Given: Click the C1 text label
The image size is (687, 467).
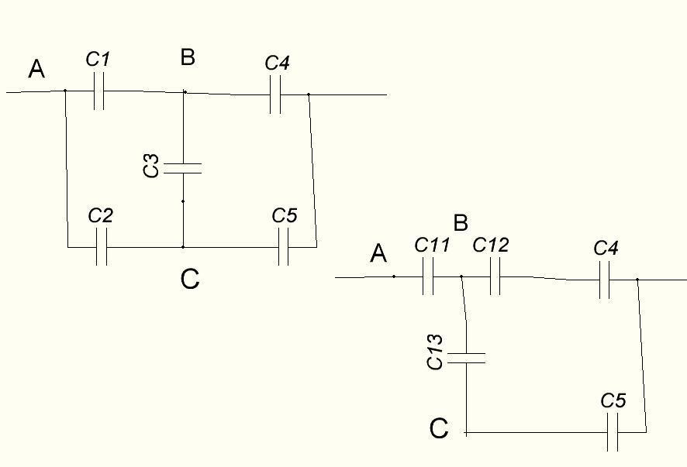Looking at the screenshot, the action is pyautogui.click(x=98, y=60).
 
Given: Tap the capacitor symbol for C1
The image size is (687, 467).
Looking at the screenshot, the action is pyautogui.click(x=99, y=91).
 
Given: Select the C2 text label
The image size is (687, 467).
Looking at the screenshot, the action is pyautogui.click(x=100, y=215).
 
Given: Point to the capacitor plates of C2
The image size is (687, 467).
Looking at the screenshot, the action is pyautogui.click(x=102, y=247).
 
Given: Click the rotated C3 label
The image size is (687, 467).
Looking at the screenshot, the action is pyautogui.click(x=151, y=166).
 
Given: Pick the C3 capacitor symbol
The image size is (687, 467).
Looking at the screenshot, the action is pyautogui.click(x=183, y=169).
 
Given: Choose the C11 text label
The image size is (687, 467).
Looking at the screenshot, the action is pyautogui.click(x=432, y=245).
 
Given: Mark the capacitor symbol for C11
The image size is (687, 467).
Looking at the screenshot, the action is pyautogui.click(x=428, y=276).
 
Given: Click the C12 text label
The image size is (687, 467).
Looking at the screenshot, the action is pyautogui.click(x=491, y=245).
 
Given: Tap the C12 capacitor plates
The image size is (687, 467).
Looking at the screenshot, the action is pyautogui.click(x=495, y=276).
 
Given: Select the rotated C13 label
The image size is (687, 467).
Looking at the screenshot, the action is pyautogui.click(x=435, y=352).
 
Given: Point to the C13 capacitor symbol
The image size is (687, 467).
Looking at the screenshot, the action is pyautogui.click(x=466, y=358).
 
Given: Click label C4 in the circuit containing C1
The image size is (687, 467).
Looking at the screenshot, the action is pyautogui.click(x=277, y=63).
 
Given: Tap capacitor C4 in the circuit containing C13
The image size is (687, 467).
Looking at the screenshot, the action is pyautogui.click(x=604, y=280).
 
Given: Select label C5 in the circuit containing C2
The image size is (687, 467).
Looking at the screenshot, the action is pyautogui.click(x=285, y=215).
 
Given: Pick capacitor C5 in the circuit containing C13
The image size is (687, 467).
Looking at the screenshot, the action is pyautogui.click(x=613, y=432).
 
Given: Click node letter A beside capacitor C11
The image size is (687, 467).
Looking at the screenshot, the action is pyautogui.click(x=378, y=254).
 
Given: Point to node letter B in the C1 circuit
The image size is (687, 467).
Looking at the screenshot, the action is pyautogui.click(x=188, y=57).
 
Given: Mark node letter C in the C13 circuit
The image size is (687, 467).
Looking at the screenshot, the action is pyautogui.click(x=439, y=428).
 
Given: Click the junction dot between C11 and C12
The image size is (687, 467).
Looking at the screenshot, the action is pyautogui.click(x=461, y=276).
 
